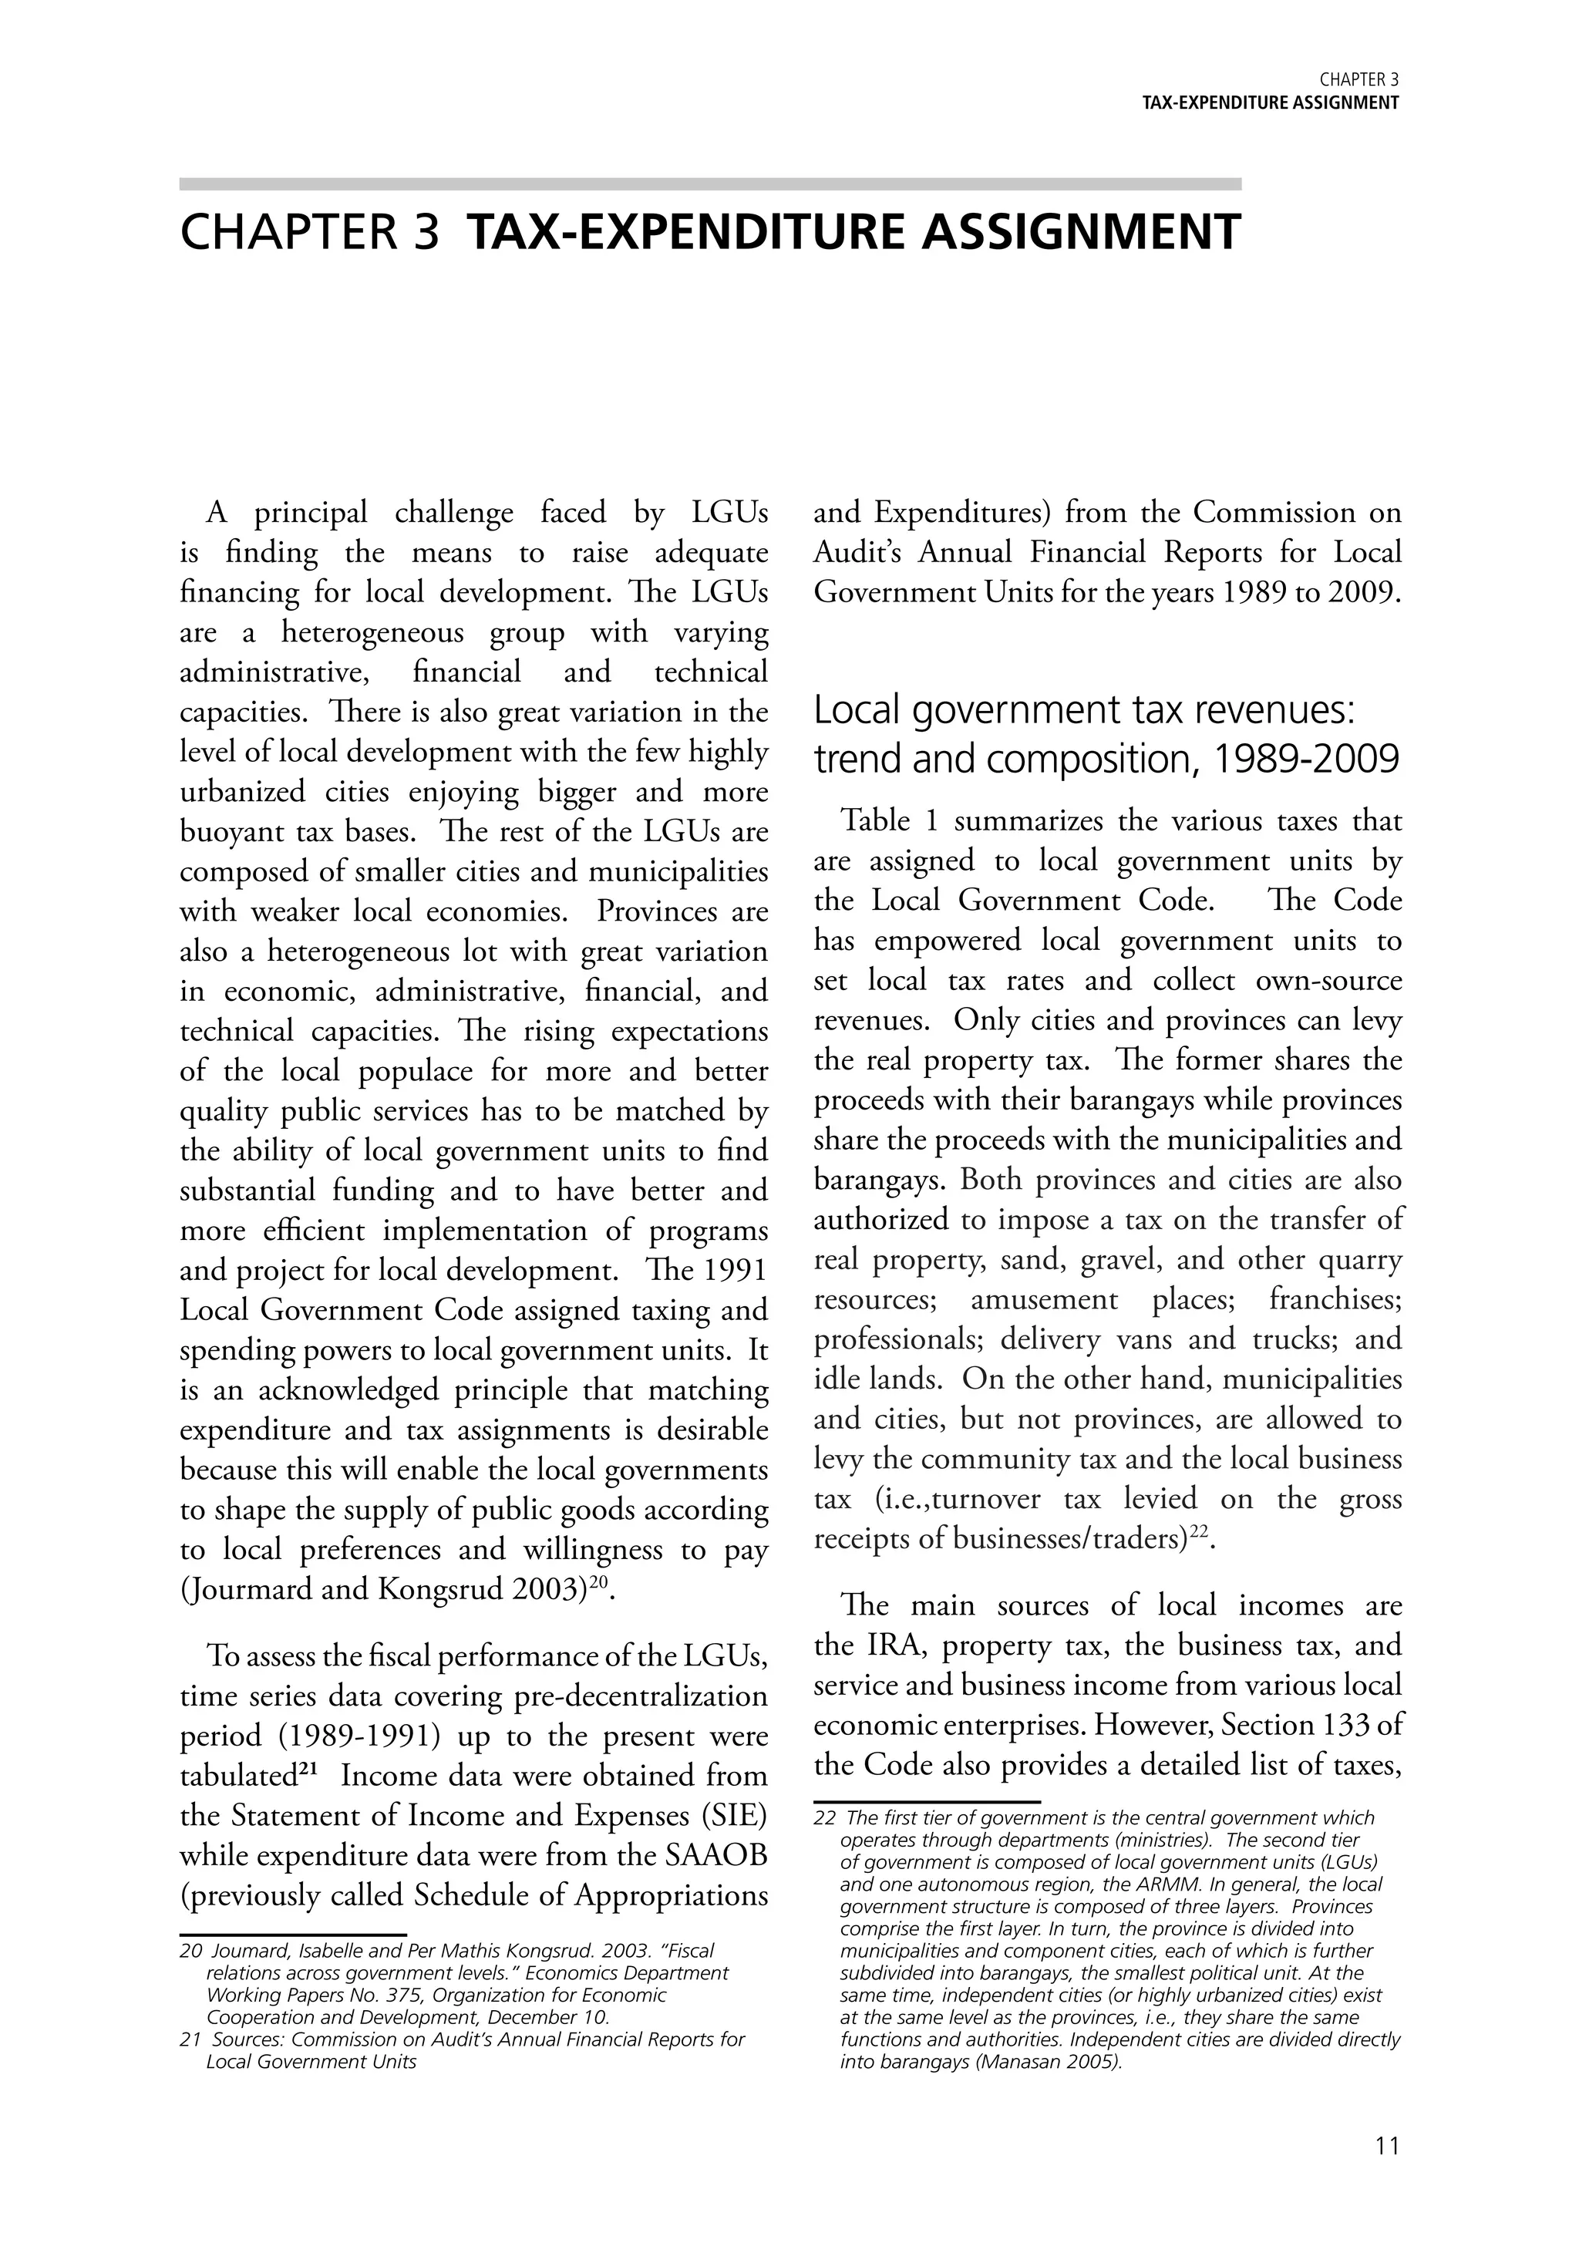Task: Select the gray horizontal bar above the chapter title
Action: click(x=710, y=184)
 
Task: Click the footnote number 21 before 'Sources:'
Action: click(x=190, y=2039)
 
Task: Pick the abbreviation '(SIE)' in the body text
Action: click(x=732, y=1815)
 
